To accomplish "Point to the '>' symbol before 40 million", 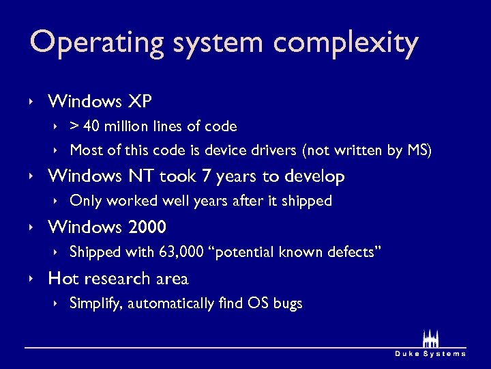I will click(75, 126).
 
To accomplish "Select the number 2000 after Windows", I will click(147, 227).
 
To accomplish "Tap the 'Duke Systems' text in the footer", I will click(430, 353).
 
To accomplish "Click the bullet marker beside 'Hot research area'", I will click(31, 279).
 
